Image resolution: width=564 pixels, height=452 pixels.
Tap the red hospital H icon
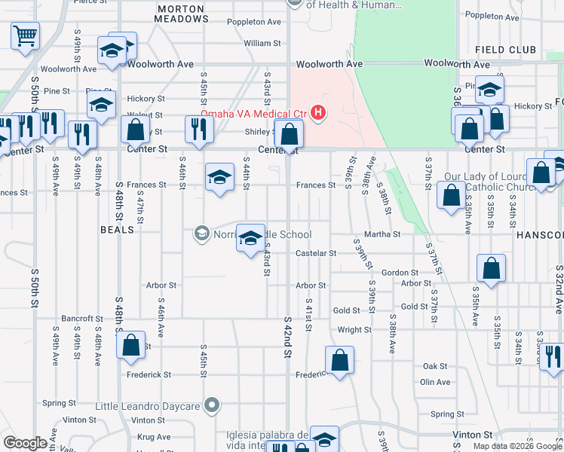[x=318, y=114]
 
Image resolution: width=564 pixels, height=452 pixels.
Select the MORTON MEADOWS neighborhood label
[x=181, y=14]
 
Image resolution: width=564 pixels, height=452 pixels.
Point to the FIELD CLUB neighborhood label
[x=505, y=50]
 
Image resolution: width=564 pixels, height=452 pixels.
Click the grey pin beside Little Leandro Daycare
[x=213, y=406]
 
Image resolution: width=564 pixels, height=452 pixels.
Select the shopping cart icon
[x=25, y=35]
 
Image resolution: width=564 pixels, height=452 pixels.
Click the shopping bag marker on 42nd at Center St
[x=289, y=136]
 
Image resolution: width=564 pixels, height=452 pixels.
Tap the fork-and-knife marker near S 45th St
[x=199, y=129]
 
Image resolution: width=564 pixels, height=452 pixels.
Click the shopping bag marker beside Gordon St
[x=491, y=268]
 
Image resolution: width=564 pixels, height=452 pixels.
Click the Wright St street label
[x=354, y=330]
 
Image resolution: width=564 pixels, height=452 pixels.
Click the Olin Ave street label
[x=435, y=382]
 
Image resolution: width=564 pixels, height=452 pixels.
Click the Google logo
[x=26, y=443]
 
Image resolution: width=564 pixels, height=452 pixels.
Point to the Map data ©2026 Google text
[x=517, y=446]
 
